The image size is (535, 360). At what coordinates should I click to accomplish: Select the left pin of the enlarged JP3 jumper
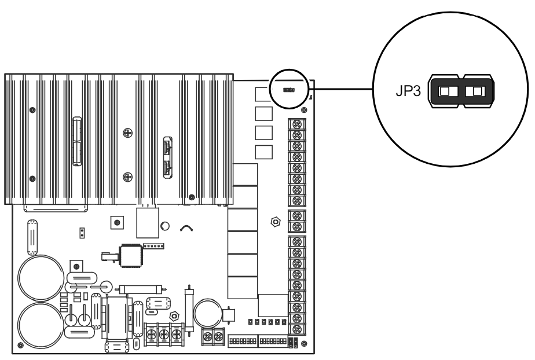click(446, 91)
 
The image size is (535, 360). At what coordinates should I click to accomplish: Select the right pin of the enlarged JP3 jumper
click(478, 91)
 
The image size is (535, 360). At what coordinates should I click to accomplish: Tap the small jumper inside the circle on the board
click(287, 90)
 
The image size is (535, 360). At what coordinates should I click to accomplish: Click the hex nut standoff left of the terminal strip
click(276, 221)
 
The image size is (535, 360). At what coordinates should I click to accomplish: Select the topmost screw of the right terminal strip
click(298, 124)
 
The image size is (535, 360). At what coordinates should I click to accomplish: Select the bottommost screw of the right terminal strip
click(298, 329)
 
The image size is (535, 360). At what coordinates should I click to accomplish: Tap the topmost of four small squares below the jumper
click(263, 93)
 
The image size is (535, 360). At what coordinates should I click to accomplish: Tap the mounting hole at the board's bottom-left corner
click(21, 346)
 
